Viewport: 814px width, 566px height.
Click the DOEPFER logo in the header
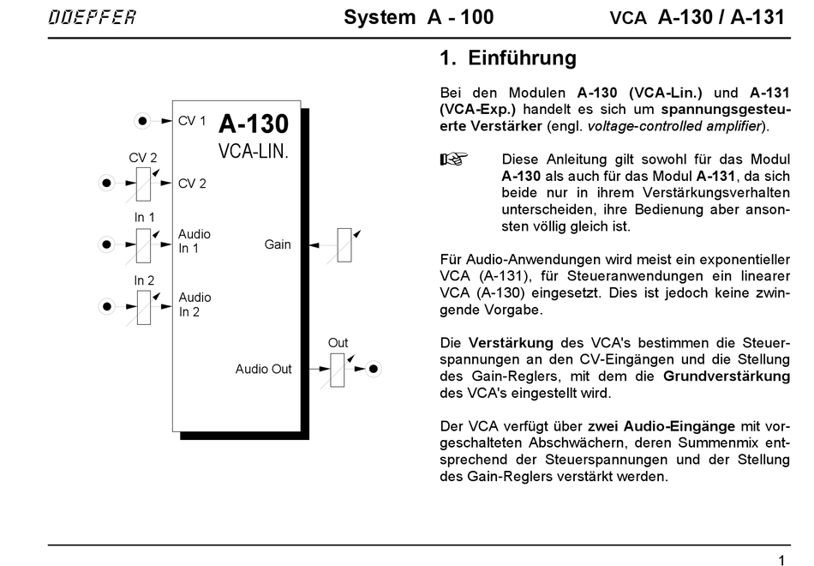tap(92, 18)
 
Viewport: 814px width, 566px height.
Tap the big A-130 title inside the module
tap(254, 124)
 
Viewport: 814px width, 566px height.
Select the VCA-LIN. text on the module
tap(254, 153)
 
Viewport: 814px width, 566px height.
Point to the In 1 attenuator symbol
tap(143, 244)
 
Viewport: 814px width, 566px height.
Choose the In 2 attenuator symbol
tap(143, 307)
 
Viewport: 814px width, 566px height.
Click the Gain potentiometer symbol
tap(344, 244)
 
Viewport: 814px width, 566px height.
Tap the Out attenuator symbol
tap(338, 370)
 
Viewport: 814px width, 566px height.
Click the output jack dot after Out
tap(374, 370)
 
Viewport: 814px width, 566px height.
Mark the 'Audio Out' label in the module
tap(264, 370)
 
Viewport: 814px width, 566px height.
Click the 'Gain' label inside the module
tap(278, 244)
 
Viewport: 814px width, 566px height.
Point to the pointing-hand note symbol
tap(452, 160)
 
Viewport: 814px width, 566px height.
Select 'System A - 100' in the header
tap(418, 18)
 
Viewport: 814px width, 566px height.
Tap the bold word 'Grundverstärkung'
tap(727, 376)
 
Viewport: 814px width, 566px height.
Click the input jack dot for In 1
tap(106, 244)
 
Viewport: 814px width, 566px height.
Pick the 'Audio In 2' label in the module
tap(195, 304)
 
